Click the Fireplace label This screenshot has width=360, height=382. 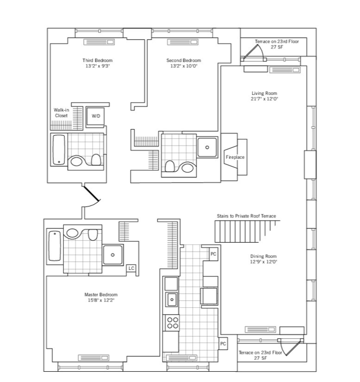[235, 157]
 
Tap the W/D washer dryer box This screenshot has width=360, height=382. [95, 116]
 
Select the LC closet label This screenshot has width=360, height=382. [131, 268]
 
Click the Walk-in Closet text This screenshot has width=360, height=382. [61, 113]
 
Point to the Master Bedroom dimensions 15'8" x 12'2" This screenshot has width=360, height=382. [101, 300]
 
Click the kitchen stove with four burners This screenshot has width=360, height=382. [172, 323]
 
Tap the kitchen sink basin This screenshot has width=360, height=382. [172, 299]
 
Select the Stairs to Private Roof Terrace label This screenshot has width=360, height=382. [246, 216]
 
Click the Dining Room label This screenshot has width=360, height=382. [263, 256]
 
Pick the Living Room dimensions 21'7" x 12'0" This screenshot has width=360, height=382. [265, 99]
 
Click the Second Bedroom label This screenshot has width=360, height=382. [184, 60]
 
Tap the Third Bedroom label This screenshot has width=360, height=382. [98, 60]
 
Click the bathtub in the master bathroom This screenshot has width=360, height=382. [54, 246]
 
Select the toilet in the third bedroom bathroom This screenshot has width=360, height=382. [96, 160]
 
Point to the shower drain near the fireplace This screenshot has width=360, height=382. [207, 147]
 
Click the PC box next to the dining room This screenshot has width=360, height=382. [213, 254]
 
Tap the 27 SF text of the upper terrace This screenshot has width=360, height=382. [277, 47]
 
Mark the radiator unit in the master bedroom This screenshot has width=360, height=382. [94, 358]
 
